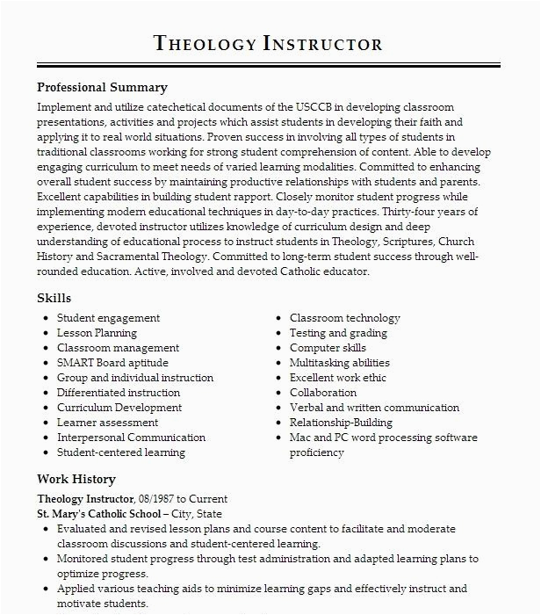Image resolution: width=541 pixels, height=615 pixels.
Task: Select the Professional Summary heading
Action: click(x=102, y=88)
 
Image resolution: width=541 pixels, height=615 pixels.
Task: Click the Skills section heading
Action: click(x=54, y=298)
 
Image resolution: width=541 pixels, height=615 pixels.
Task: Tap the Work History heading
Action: click(x=76, y=479)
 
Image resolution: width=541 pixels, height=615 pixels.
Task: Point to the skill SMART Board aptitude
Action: click(x=112, y=363)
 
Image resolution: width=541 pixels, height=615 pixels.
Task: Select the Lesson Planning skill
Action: click(x=97, y=333)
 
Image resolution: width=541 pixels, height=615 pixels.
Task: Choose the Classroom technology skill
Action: click(x=344, y=318)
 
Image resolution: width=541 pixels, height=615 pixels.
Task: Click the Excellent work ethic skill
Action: click(x=337, y=378)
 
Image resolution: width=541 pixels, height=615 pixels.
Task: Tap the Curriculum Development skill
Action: click(x=119, y=408)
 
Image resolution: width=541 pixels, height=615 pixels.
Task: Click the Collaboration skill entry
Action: click(x=322, y=393)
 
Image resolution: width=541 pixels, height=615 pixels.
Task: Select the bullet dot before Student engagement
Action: click(x=44, y=318)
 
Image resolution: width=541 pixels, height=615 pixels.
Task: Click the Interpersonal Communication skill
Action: click(x=131, y=438)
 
